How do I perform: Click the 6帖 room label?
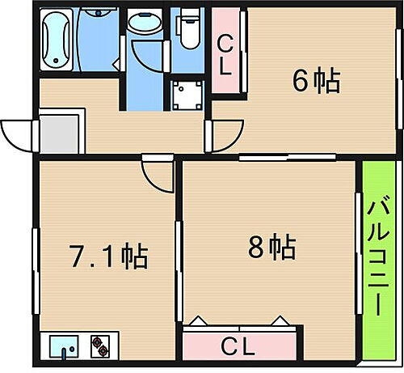tap(315, 81)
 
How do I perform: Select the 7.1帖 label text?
tap(106, 257)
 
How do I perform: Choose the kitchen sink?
tap(66, 346)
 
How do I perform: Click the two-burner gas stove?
tap(103, 346)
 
